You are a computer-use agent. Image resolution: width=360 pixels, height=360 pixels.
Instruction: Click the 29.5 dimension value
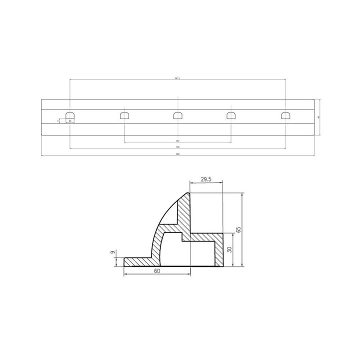206,179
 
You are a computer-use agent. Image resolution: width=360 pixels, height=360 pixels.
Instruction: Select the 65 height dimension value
238,230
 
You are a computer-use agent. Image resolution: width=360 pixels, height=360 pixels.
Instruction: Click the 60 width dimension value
157,270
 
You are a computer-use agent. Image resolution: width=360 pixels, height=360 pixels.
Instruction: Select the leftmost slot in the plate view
70,115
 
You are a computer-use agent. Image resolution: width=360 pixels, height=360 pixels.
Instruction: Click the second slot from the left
124,115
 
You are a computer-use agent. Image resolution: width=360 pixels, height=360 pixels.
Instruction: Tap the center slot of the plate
178,115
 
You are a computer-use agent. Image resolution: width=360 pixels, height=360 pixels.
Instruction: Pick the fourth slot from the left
231,115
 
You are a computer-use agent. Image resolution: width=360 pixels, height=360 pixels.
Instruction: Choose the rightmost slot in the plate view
285,115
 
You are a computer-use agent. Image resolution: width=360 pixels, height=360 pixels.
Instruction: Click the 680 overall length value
177,154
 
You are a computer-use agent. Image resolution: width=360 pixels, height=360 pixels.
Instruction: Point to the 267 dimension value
177,141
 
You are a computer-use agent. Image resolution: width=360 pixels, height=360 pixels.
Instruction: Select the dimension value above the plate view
177,78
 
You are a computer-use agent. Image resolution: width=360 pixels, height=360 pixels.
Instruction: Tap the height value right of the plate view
318,117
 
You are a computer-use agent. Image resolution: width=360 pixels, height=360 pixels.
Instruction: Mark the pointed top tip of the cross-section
188,193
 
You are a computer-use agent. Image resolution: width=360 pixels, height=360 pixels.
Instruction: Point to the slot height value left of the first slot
58,120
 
